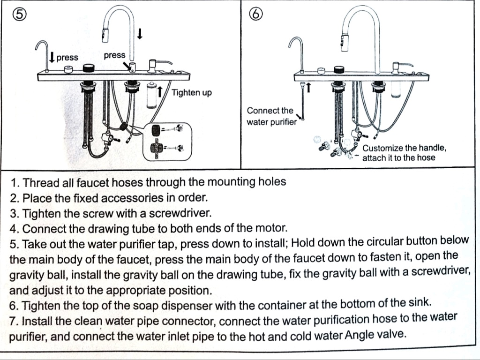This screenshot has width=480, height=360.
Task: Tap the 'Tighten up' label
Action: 191,92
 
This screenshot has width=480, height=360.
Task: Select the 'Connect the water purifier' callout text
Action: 271,116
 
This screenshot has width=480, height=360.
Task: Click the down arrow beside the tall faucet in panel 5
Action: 140,34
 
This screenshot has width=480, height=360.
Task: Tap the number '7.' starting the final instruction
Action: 14,322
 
